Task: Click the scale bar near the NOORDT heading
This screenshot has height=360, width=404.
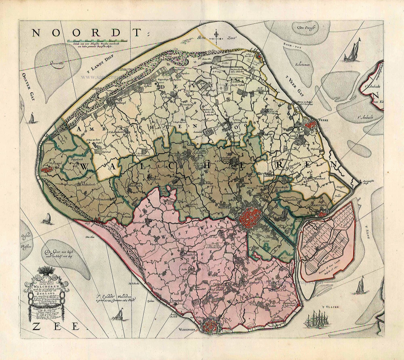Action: [98, 41]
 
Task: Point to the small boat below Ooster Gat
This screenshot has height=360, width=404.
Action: [31, 118]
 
